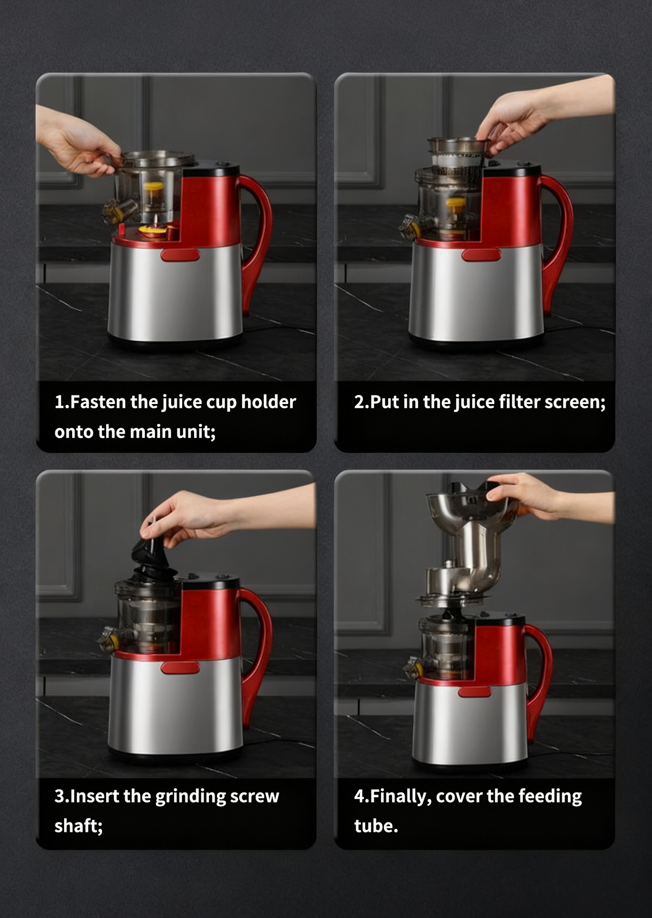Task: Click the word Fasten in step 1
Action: pos(98,402)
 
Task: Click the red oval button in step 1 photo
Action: pos(180,255)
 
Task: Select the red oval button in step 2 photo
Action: pos(481,255)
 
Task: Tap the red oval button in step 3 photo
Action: pos(180,668)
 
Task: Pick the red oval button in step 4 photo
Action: pos(475,692)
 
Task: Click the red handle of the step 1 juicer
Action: pos(261,229)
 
